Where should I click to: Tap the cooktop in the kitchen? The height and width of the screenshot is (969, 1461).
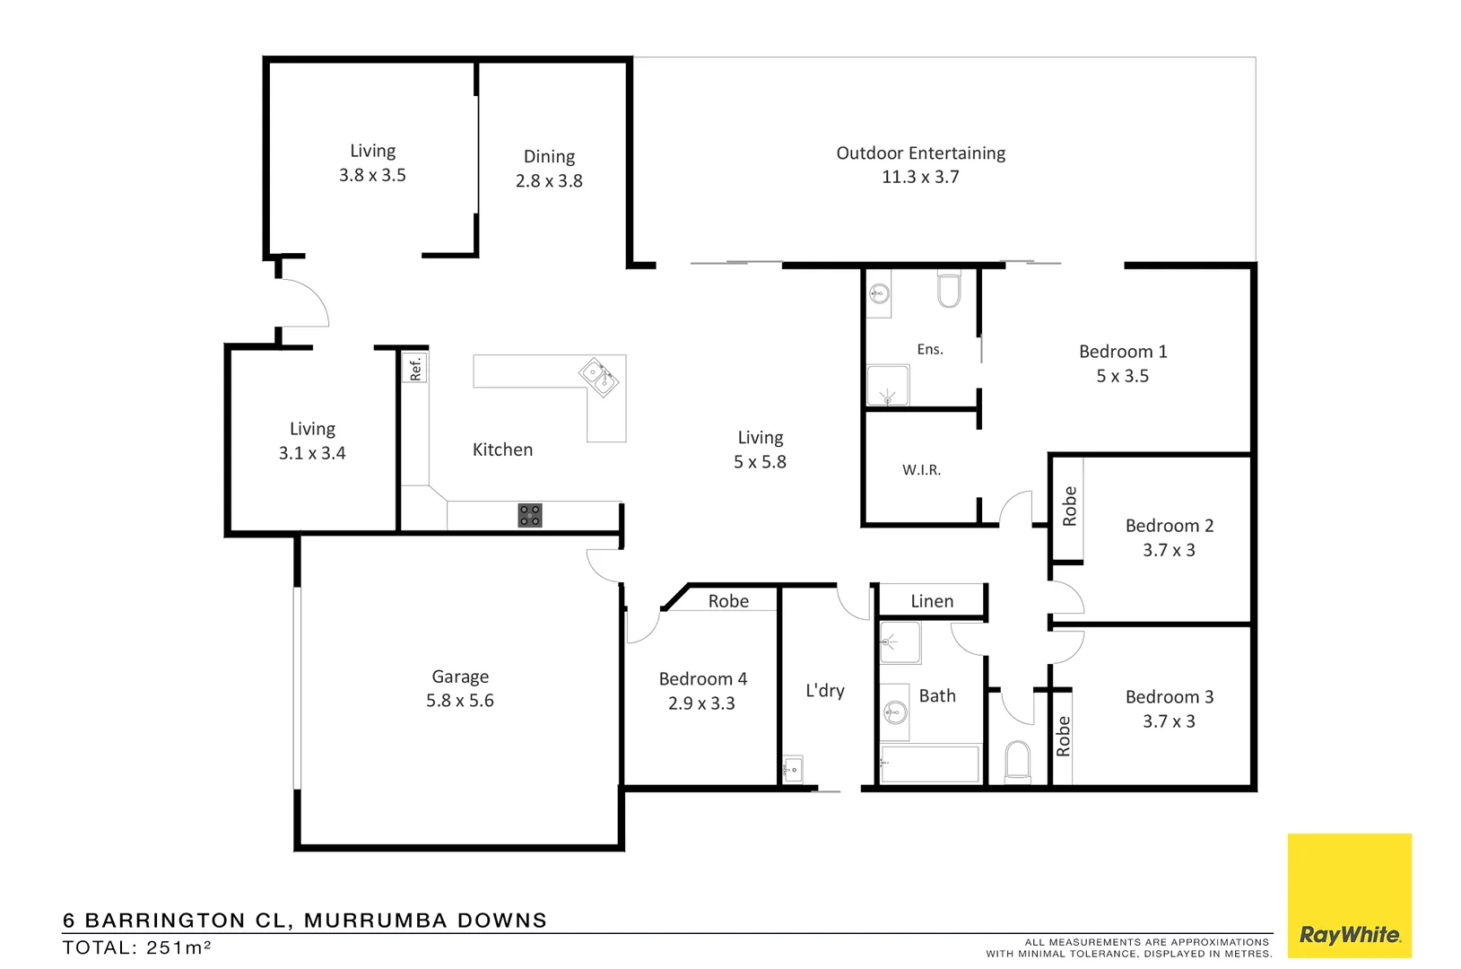tap(530, 515)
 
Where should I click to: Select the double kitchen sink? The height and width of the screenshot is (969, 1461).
tap(597, 377)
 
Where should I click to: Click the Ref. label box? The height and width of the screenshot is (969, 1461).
tap(415, 368)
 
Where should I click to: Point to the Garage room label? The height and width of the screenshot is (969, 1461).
tap(460, 677)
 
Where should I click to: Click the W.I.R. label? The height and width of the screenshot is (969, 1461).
tap(921, 469)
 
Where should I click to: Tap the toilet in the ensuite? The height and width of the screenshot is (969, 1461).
tap(948, 289)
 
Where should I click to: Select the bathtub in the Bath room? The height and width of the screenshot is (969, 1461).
tap(929, 764)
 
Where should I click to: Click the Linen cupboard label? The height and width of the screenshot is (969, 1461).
tap(932, 601)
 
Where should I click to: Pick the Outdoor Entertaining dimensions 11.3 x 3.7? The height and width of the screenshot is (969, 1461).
tap(920, 177)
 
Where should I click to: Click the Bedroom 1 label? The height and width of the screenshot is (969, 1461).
tap(1123, 352)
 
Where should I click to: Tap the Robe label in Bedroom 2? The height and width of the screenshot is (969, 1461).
tap(1069, 506)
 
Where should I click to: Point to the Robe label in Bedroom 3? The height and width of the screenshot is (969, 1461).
tap(1063, 736)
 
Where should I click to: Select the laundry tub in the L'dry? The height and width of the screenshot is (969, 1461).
tap(793, 769)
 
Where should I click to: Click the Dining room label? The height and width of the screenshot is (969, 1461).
tap(549, 156)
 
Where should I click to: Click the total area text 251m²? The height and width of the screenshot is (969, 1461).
tap(178, 947)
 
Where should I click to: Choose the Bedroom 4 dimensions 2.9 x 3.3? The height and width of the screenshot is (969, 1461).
tap(701, 703)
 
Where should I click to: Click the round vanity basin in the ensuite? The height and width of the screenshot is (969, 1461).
tap(880, 292)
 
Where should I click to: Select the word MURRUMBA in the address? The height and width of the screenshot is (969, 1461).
tap(376, 921)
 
